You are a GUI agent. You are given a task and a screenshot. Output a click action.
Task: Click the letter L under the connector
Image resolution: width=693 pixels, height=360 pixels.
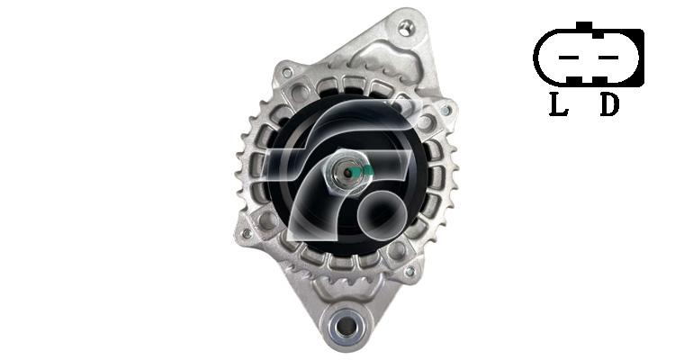(559, 104)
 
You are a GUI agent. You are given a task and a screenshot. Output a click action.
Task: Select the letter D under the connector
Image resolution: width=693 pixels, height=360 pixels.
(609, 104)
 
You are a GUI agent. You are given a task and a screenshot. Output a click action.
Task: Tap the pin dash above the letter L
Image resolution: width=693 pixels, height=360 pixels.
(569, 58)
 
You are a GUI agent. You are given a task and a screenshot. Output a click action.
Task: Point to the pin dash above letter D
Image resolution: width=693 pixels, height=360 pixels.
(608, 58)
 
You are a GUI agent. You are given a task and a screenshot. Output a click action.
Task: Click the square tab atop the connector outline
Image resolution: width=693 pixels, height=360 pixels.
(584, 26)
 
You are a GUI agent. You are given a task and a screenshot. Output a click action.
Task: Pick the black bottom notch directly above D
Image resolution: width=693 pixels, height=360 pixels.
(601, 80)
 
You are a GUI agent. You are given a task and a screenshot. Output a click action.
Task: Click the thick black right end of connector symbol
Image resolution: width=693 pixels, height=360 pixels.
(639, 58)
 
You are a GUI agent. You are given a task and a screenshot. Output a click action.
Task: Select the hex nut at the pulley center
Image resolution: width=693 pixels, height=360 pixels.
(345, 173)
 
